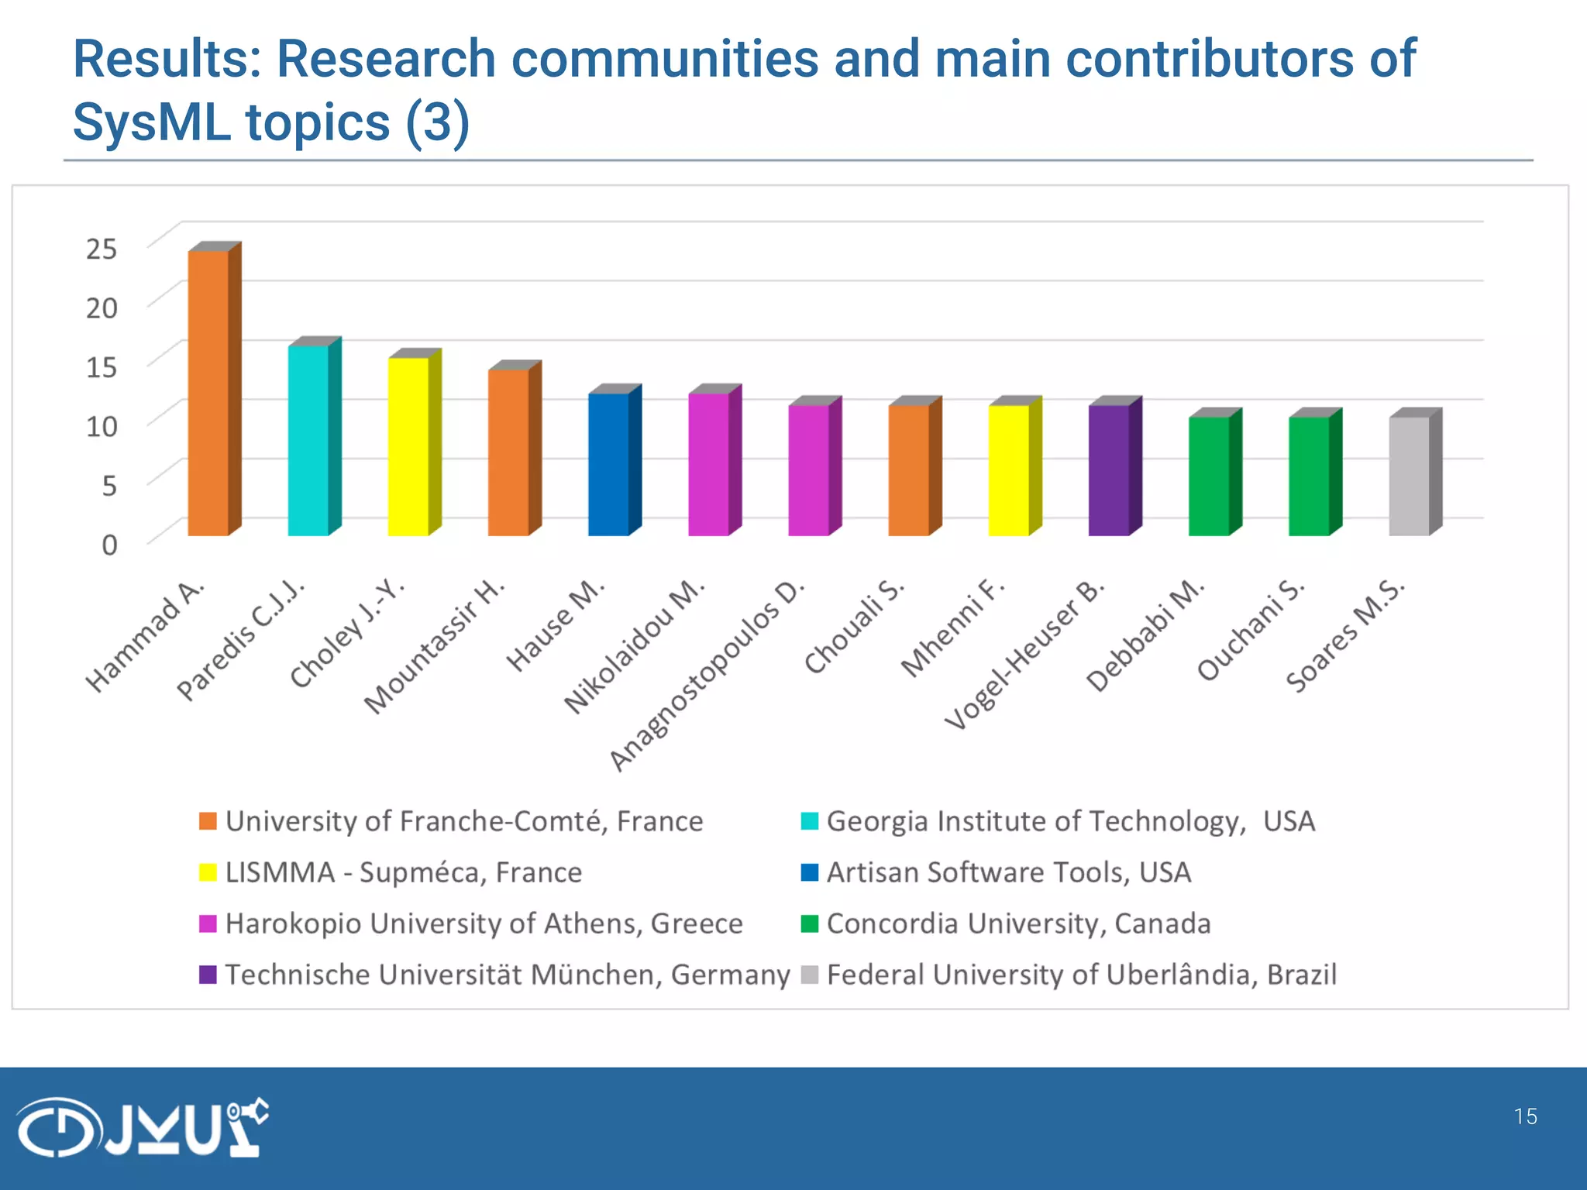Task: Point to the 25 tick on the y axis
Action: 101,249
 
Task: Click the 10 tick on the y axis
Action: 101,426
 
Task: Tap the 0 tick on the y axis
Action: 109,545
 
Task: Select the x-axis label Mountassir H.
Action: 434,646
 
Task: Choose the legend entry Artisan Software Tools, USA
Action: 1007,872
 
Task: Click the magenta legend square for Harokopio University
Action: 208,923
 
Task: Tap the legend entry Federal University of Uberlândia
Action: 1081,975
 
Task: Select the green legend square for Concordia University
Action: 809,923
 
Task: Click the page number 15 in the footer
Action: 1525,1116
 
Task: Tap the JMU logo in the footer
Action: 143,1127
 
